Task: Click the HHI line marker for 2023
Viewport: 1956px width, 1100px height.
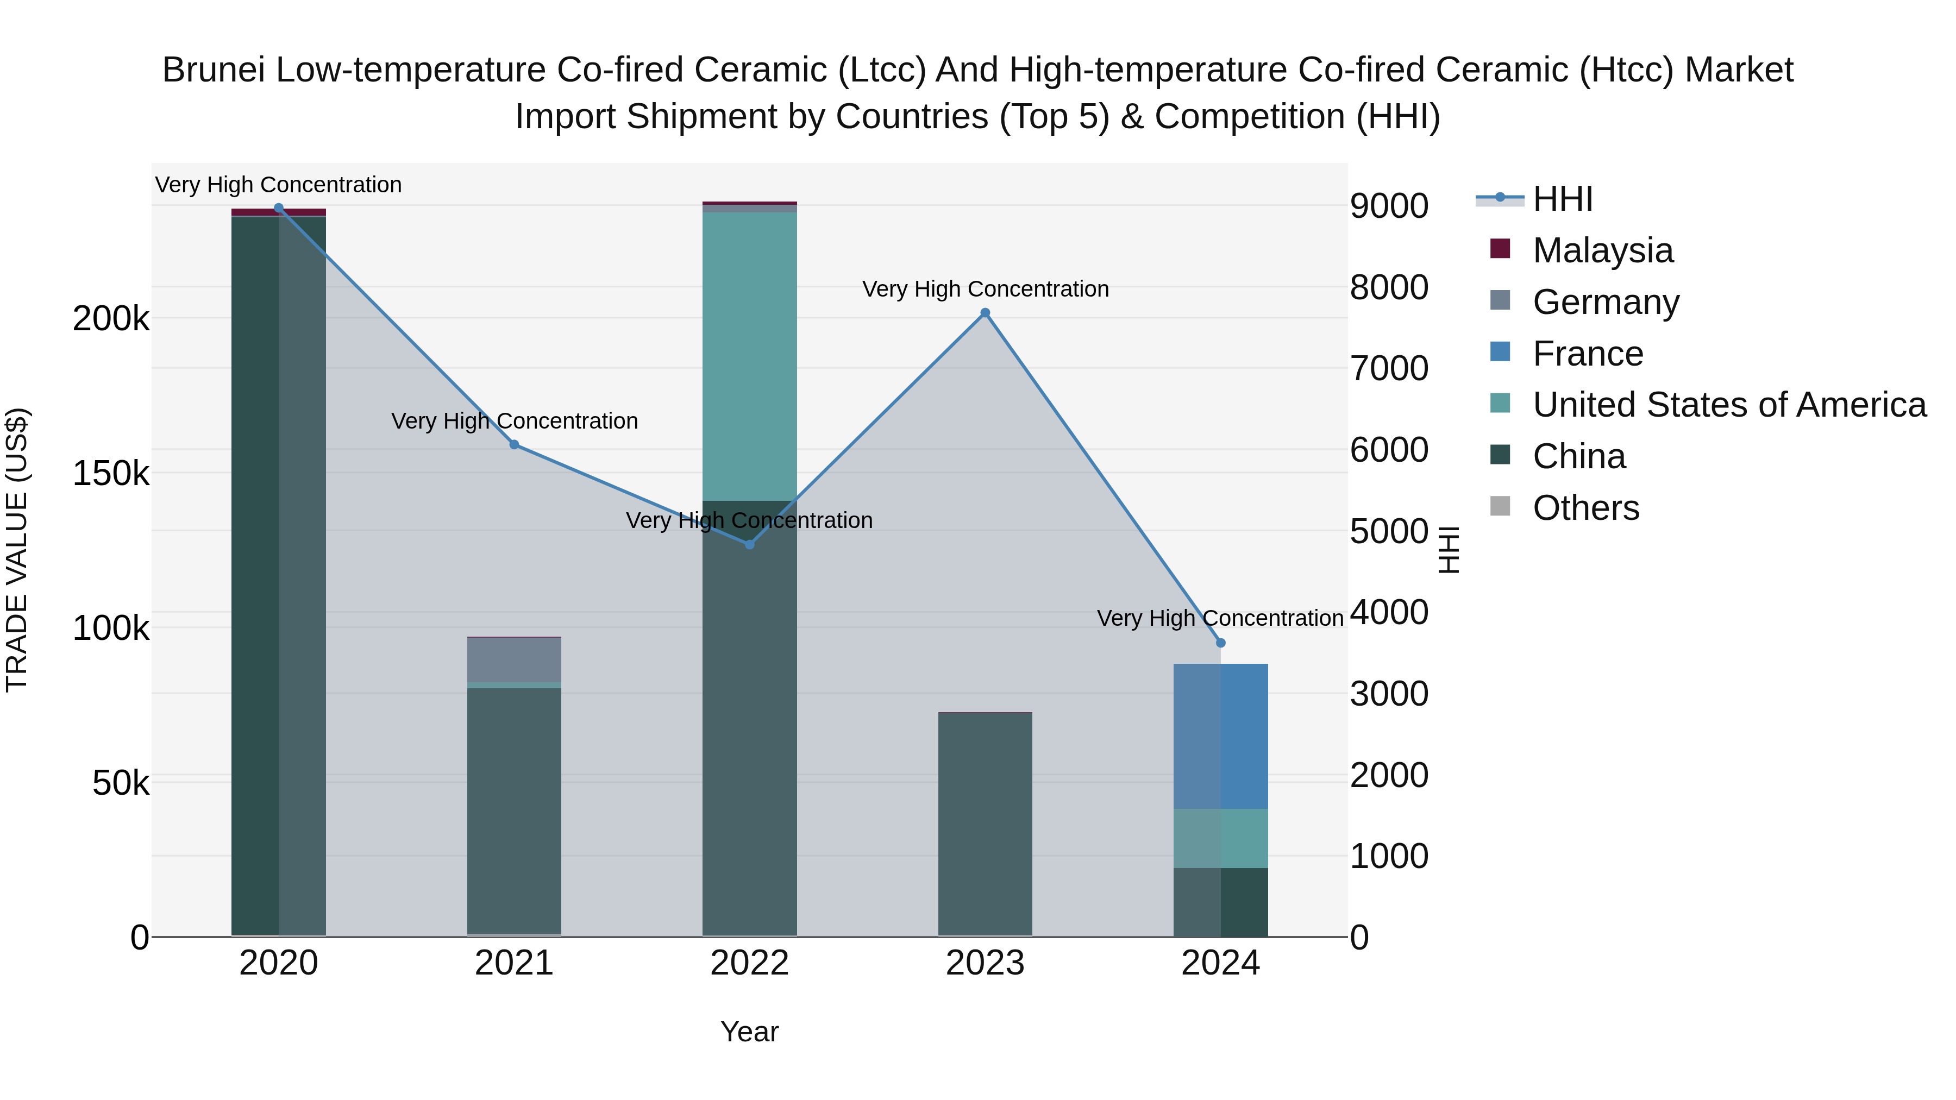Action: tap(985, 313)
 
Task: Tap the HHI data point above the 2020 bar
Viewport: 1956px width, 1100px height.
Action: tap(279, 208)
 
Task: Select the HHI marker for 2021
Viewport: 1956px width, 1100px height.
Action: tap(514, 445)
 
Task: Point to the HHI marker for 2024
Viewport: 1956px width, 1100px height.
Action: tap(1221, 643)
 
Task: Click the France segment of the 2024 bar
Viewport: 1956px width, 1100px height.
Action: tap(1221, 737)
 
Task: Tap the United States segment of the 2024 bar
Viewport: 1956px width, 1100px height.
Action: tap(1221, 838)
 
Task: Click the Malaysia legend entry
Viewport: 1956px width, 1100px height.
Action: tap(1602, 250)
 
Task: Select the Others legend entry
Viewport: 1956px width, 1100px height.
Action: tap(1585, 508)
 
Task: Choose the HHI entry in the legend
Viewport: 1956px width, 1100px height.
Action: tap(1563, 199)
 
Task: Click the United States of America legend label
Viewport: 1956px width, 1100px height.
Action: tap(1729, 405)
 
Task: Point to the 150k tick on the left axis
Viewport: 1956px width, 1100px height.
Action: tap(111, 474)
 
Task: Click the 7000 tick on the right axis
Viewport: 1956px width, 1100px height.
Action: tap(1389, 369)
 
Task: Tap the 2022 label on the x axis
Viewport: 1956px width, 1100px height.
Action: tap(749, 963)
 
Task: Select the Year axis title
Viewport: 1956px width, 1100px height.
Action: tap(749, 1032)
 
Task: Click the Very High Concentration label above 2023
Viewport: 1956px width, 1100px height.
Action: tap(985, 289)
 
